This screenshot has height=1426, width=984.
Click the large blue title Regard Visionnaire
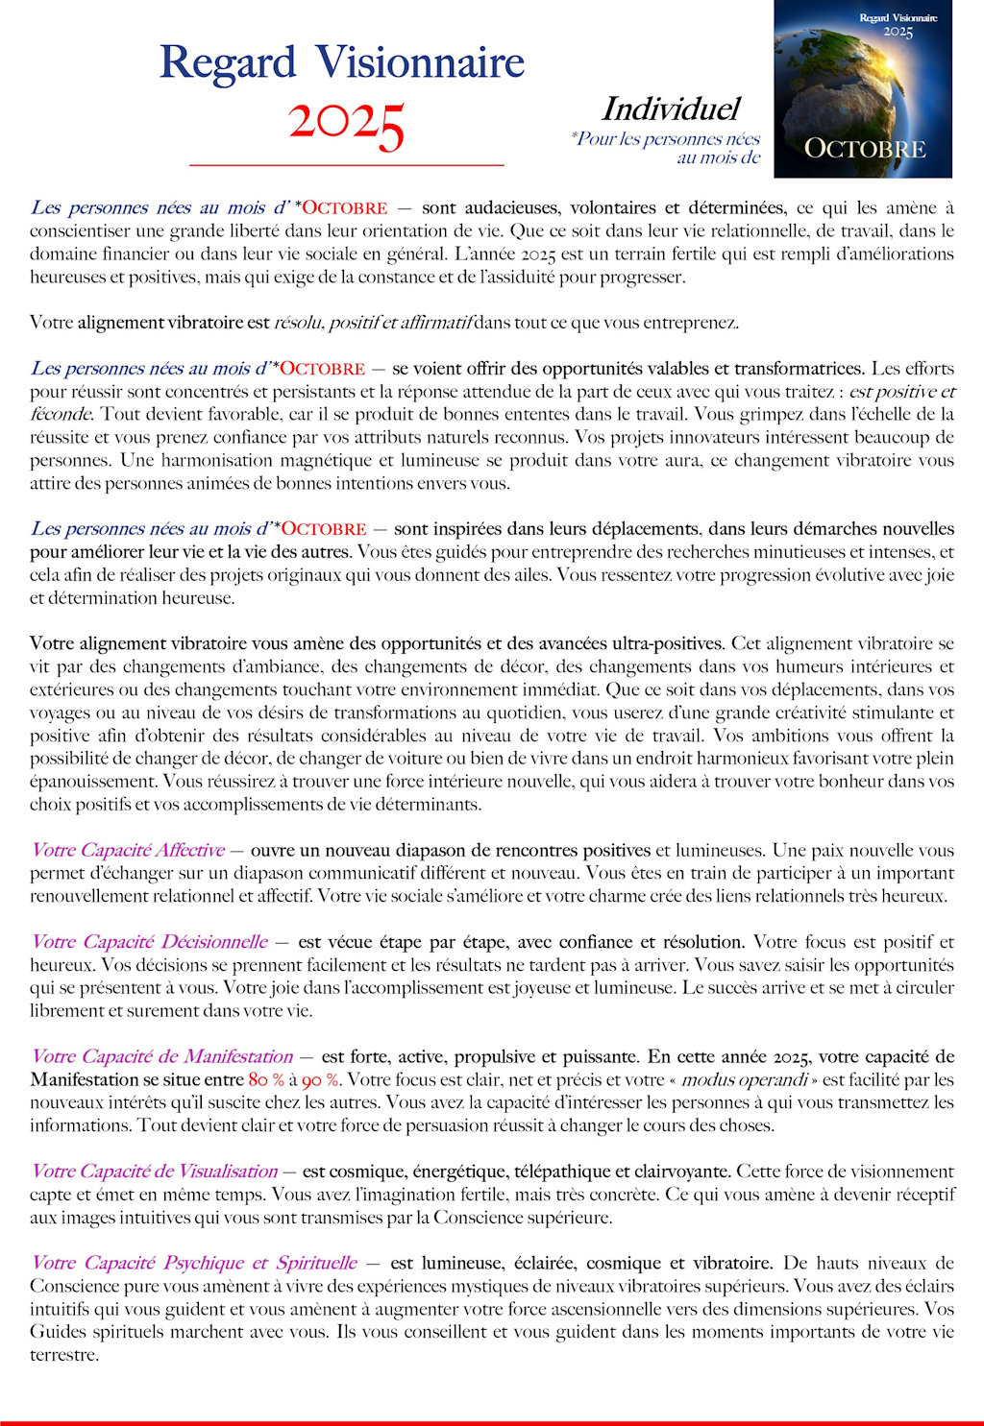coord(341,63)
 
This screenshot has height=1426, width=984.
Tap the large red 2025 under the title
coord(346,125)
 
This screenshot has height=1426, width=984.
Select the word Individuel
coord(670,109)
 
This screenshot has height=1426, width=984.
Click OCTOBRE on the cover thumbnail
coord(864,149)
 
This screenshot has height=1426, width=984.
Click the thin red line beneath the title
coord(346,166)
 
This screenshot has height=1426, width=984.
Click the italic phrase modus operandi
coord(744,1079)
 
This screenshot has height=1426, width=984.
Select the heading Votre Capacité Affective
coord(128,850)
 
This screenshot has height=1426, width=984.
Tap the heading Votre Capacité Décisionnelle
coord(149,942)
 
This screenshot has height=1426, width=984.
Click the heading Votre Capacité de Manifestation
coord(161,1056)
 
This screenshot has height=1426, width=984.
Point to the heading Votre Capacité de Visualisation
coord(154,1172)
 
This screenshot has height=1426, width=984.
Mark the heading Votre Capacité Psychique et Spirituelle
coord(193,1263)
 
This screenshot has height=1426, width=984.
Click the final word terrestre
coord(63,1355)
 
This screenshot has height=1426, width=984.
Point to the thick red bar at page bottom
coord(492,1422)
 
